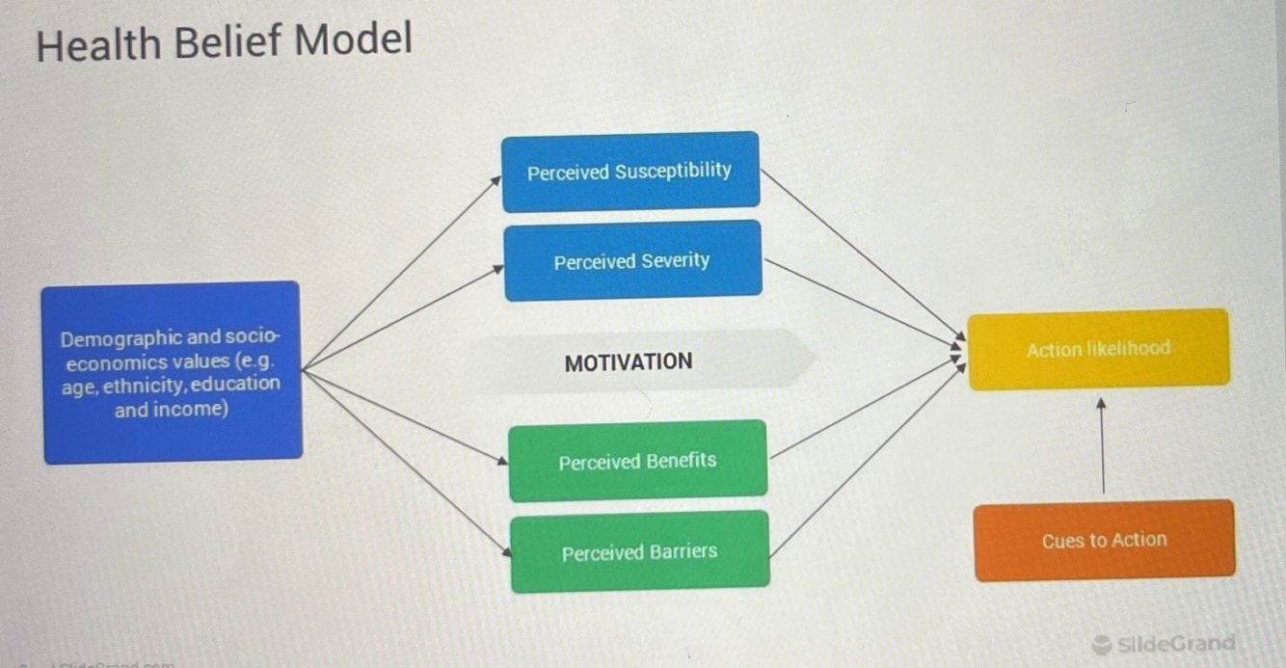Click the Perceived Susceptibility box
tap(630, 172)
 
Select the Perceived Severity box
tap(632, 260)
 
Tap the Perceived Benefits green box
tap(637, 461)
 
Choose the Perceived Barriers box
tap(639, 551)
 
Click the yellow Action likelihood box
tap(1098, 349)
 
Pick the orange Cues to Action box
tap(1104, 540)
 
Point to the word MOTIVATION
tap(629, 362)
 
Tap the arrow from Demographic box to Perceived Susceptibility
tap(400, 273)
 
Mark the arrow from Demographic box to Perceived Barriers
tap(405, 461)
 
